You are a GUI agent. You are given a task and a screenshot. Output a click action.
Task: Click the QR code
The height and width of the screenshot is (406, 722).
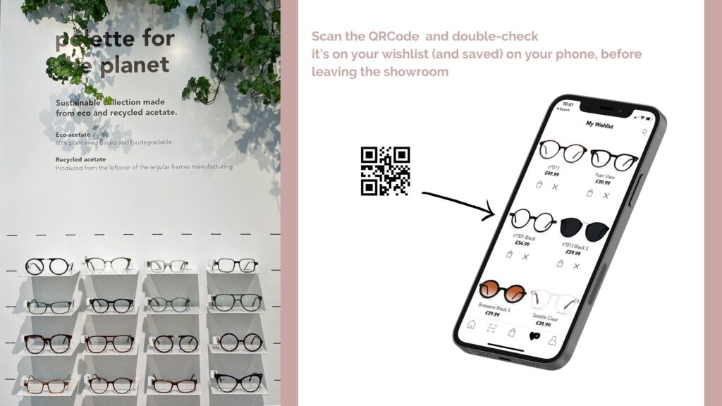[x=385, y=171]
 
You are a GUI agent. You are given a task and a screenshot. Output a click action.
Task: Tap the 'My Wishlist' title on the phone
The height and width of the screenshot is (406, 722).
[x=599, y=125]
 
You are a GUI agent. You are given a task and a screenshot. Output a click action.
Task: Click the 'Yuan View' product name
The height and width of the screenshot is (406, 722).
[x=605, y=176]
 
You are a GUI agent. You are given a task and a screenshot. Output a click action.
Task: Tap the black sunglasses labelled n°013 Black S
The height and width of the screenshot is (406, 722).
[x=585, y=228]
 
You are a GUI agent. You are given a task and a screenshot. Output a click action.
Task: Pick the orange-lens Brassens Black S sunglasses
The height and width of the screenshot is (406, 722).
[x=502, y=290]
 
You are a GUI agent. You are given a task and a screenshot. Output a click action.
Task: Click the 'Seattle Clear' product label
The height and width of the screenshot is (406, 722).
[x=546, y=318]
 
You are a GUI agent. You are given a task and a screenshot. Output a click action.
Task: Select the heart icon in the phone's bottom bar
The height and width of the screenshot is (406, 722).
[x=534, y=336]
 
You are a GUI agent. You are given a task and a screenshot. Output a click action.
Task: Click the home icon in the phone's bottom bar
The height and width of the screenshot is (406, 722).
[x=472, y=325]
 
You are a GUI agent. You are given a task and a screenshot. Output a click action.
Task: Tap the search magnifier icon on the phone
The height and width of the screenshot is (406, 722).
[x=644, y=132]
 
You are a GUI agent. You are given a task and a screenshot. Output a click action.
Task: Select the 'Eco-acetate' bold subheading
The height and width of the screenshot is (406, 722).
[x=74, y=133]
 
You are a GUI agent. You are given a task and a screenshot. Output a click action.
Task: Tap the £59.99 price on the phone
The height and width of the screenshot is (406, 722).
[x=573, y=252]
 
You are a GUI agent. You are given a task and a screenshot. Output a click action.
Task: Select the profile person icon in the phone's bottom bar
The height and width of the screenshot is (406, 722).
[x=552, y=340]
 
